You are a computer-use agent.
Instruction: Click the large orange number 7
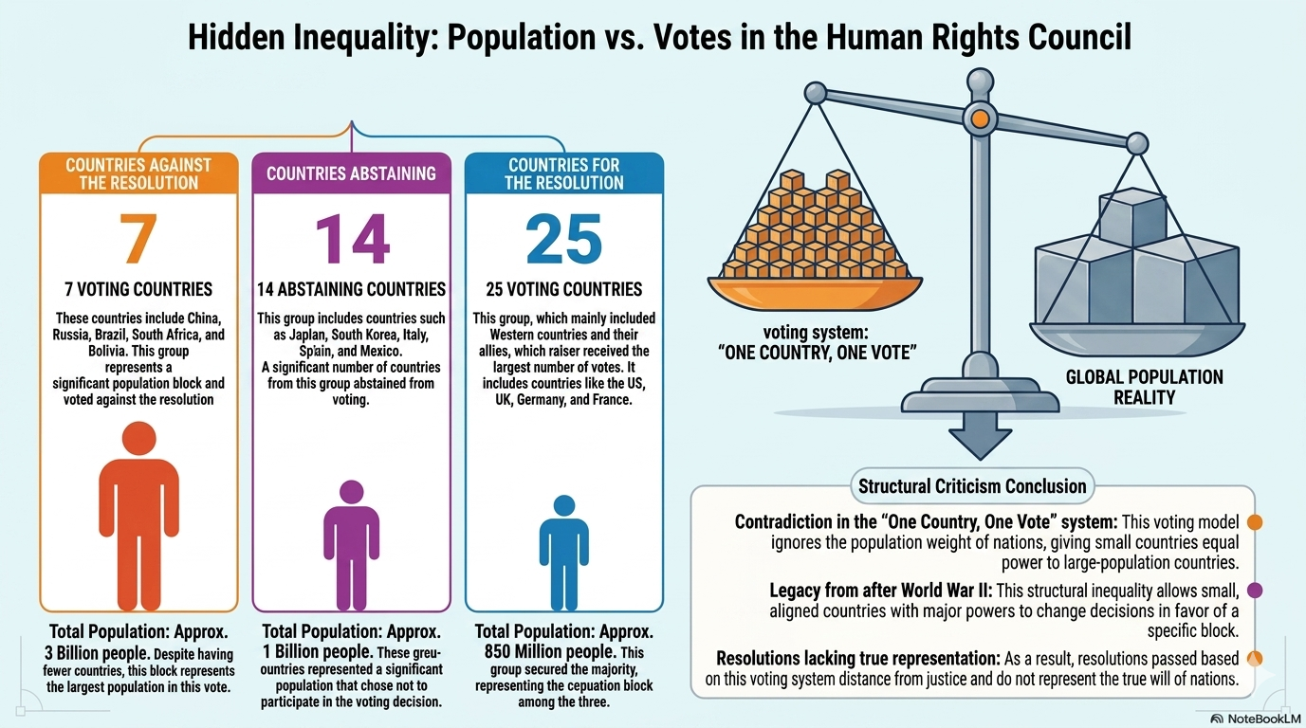point(138,238)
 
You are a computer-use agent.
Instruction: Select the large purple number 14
point(352,238)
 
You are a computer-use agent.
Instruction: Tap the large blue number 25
point(563,238)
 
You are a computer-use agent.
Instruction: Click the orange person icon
point(138,516)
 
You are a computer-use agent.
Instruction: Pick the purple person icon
point(352,545)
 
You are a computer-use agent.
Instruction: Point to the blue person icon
point(563,553)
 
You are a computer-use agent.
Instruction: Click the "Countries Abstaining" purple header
point(352,173)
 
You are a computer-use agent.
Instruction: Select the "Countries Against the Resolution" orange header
point(138,173)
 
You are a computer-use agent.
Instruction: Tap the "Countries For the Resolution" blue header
point(563,173)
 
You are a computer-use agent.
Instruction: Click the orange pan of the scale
point(815,293)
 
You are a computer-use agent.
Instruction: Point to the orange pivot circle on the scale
point(980,118)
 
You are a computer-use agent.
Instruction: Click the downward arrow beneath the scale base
point(980,434)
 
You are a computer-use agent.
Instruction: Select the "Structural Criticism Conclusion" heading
point(972,486)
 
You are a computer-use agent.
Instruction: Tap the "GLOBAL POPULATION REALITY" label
point(1144,387)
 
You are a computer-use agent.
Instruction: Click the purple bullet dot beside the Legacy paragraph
point(1255,590)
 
